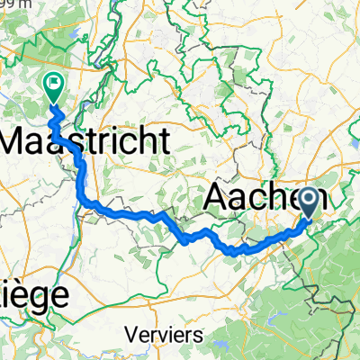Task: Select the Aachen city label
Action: click(265, 198)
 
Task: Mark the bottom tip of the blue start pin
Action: click(310, 217)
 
